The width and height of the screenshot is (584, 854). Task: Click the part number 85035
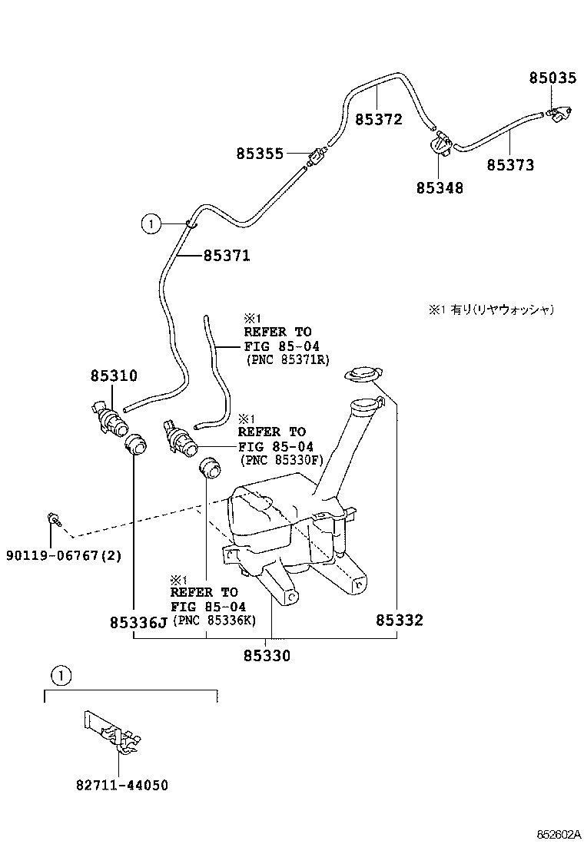(x=552, y=78)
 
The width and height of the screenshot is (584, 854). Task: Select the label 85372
(x=378, y=120)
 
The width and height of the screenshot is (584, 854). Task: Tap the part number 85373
(x=509, y=164)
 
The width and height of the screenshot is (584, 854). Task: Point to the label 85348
(x=440, y=187)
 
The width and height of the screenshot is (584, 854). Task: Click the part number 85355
(x=260, y=154)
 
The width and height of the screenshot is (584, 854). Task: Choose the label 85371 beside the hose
(x=227, y=256)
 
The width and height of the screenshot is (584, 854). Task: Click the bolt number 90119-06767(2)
(x=64, y=555)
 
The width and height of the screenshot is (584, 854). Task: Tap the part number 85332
(x=400, y=620)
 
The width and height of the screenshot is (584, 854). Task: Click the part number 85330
(x=267, y=655)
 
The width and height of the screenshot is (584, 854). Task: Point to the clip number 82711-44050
(x=121, y=785)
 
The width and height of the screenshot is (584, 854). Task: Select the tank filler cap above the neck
(x=361, y=375)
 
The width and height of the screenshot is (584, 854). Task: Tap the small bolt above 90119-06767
(x=55, y=520)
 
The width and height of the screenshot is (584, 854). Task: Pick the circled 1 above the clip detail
(x=61, y=676)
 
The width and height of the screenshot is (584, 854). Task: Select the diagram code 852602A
(x=557, y=834)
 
